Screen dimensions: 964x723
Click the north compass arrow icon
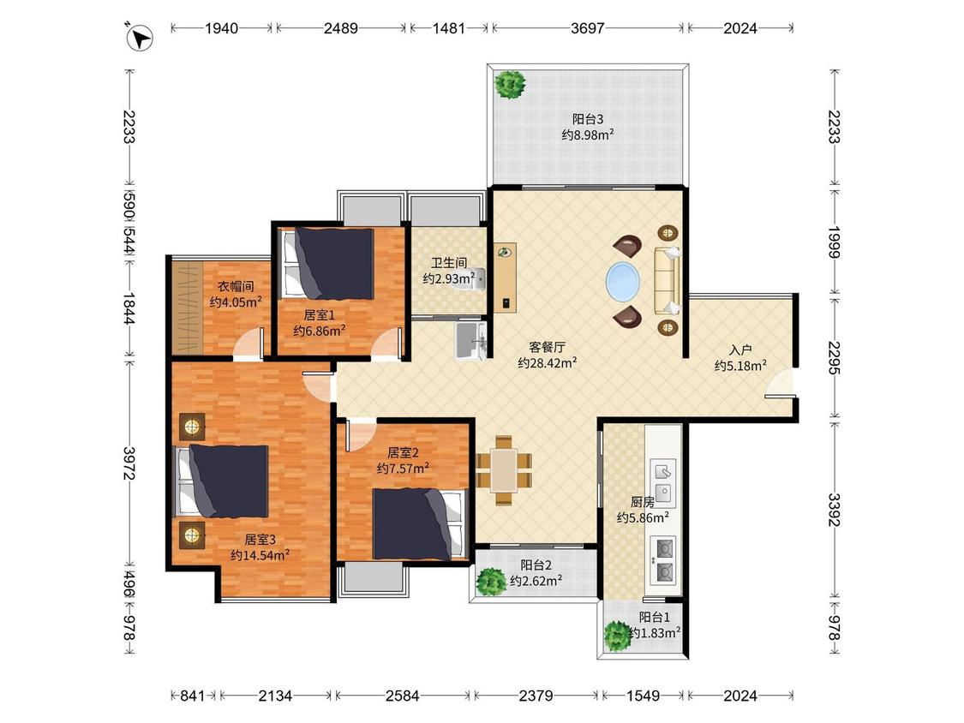click(x=140, y=37)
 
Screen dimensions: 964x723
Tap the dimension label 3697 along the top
click(x=588, y=27)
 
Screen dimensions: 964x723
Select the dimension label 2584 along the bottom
click(x=402, y=696)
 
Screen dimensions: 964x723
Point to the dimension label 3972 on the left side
click(x=129, y=463)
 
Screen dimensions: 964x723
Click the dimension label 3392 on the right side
click(x=834, y=510)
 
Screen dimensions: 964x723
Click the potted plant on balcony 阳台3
click(x=511, y=84)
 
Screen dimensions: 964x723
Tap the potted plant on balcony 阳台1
click(x=617, y=636)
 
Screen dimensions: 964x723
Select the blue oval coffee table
click(x=622, y=282)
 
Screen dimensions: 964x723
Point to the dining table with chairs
click(x=504, y=471)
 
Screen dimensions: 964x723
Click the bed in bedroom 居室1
click(x=327, y=264)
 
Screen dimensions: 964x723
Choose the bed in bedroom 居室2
click(x=419, y=523)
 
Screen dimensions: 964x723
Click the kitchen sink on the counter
click(x=662, y=481)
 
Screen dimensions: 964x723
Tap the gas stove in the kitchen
click(x=662, y=559)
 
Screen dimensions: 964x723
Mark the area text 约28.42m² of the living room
click(x=548, y=362)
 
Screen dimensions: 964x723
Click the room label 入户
click(x=740, y=350)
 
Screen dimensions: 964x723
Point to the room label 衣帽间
click(x=237, y=286)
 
